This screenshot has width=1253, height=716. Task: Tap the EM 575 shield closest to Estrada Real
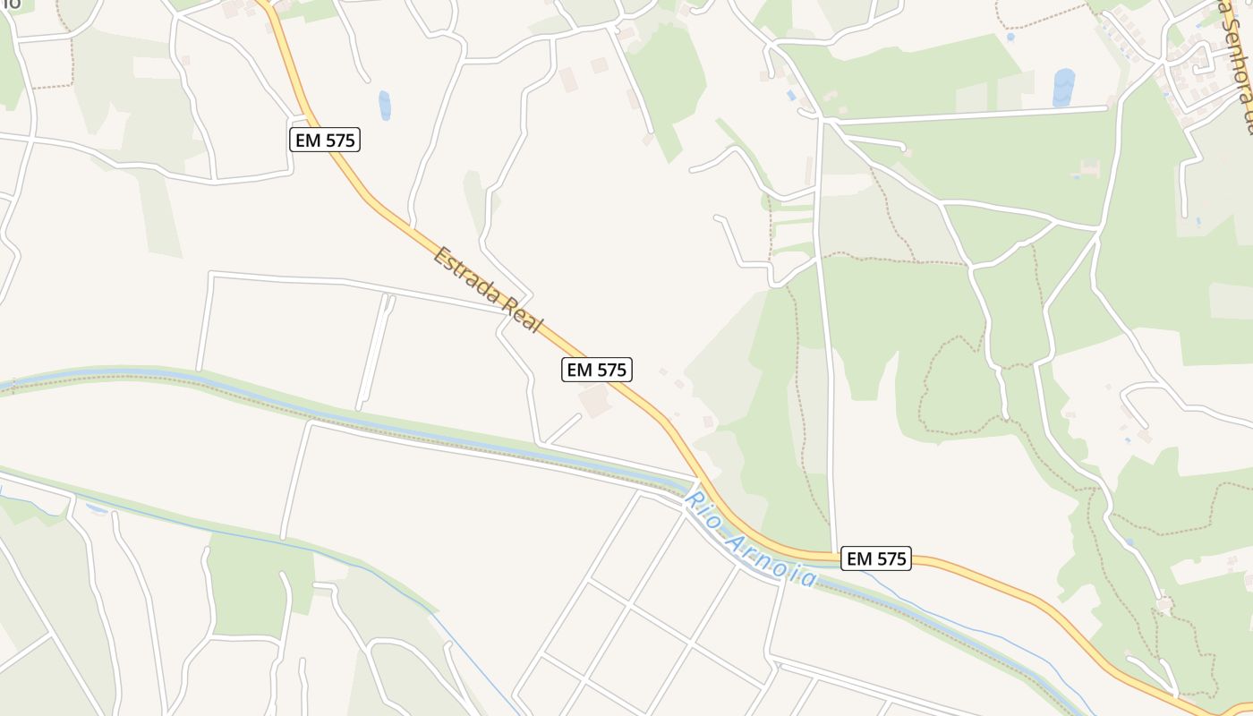pos(597,369)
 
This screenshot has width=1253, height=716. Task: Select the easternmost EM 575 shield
pos(876,558)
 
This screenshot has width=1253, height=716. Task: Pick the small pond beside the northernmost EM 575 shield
pos(385,105)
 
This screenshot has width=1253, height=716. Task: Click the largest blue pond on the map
pos(1063,88)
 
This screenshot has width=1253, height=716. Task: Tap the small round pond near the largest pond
pos(1010,38)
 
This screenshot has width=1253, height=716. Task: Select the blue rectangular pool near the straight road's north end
pos(790,94)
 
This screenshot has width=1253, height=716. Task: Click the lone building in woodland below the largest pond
pos(1089,167)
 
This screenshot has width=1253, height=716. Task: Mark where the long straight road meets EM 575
pos(834,551)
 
